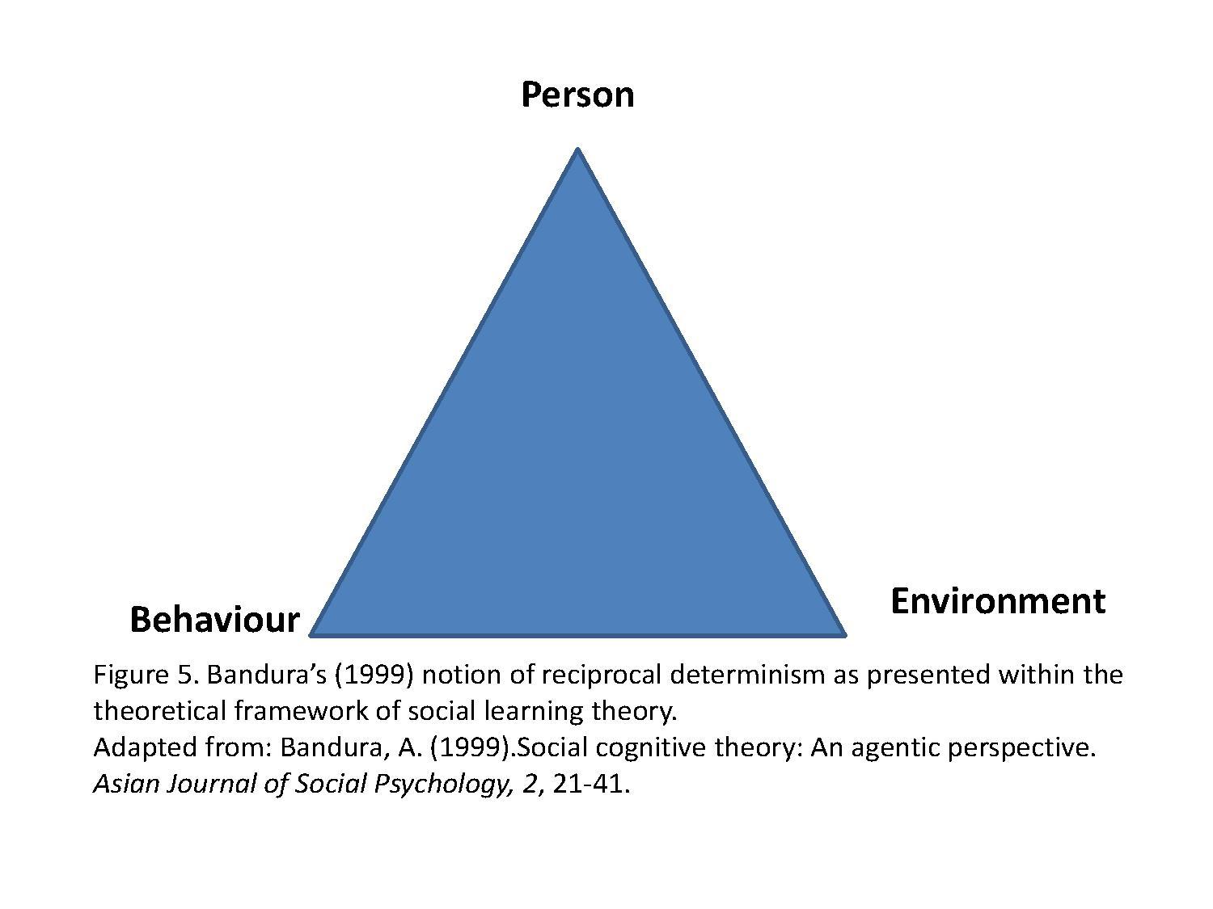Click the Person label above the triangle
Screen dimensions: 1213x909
click(x=577, y=95)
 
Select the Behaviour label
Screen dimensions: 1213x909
click(x=215, y=619)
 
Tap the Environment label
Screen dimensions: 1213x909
click(x=998, y=601)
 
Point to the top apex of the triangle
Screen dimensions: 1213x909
click(x=577, y=148)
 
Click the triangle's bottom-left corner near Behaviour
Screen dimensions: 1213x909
click(x=310, y=635)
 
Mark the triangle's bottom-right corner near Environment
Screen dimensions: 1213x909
click(x=846, y=635)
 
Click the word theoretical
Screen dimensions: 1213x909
click(x=160, y=711)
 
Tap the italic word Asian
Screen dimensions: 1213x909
click(x=126, y=785)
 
